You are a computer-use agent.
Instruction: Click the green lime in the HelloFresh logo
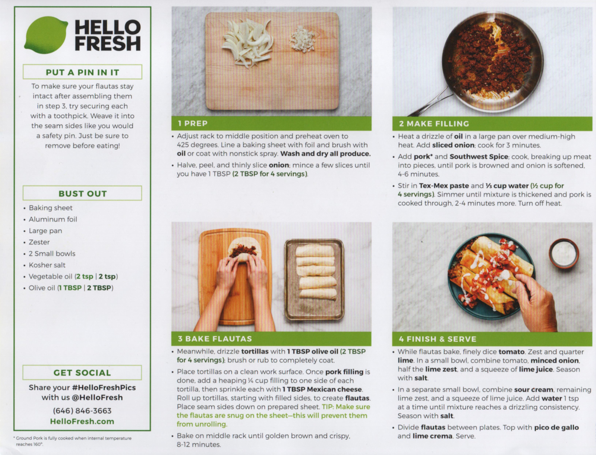[46, 35]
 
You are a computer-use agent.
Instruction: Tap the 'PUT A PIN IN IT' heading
[82, 72]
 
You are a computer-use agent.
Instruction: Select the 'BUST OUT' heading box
[82, 193]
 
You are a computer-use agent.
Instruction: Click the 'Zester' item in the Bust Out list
[40, 242]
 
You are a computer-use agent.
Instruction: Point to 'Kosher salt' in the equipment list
[47, 265]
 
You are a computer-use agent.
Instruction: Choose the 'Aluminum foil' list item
[53, 219]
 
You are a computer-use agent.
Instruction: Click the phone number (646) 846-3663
[82, 411]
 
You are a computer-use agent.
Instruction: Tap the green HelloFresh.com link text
[82, 422]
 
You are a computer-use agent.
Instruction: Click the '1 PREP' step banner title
[193, 123]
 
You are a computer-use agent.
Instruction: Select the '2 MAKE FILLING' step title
[434, 124]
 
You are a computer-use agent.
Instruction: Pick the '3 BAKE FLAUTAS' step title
[215, 339]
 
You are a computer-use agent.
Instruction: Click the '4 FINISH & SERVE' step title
[438, 339]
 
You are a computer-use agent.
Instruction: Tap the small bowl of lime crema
[564, 253]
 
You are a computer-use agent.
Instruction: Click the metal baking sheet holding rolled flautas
[314, 280]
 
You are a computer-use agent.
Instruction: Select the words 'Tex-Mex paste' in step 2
[444, 186]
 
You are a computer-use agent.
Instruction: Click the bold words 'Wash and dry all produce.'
[325, 154]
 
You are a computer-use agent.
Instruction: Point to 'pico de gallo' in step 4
[556, 428]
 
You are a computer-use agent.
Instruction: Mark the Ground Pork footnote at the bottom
[73, 441]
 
